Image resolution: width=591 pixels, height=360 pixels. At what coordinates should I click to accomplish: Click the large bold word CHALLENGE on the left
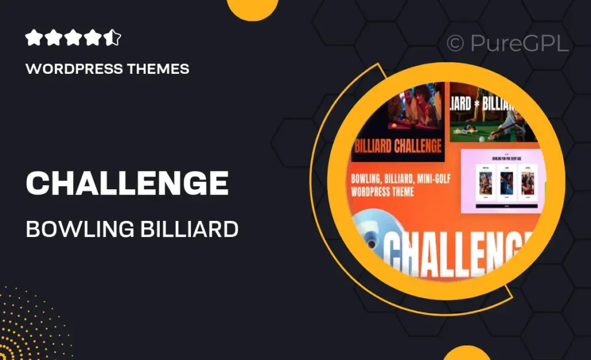tap(127, 183)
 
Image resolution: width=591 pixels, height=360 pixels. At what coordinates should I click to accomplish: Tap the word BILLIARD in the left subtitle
tap(190, 229)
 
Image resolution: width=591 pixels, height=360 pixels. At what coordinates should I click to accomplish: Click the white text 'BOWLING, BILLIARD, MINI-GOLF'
tap(402, 177)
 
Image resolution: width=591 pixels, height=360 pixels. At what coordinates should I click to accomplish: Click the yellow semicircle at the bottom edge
tap(466, 353)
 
